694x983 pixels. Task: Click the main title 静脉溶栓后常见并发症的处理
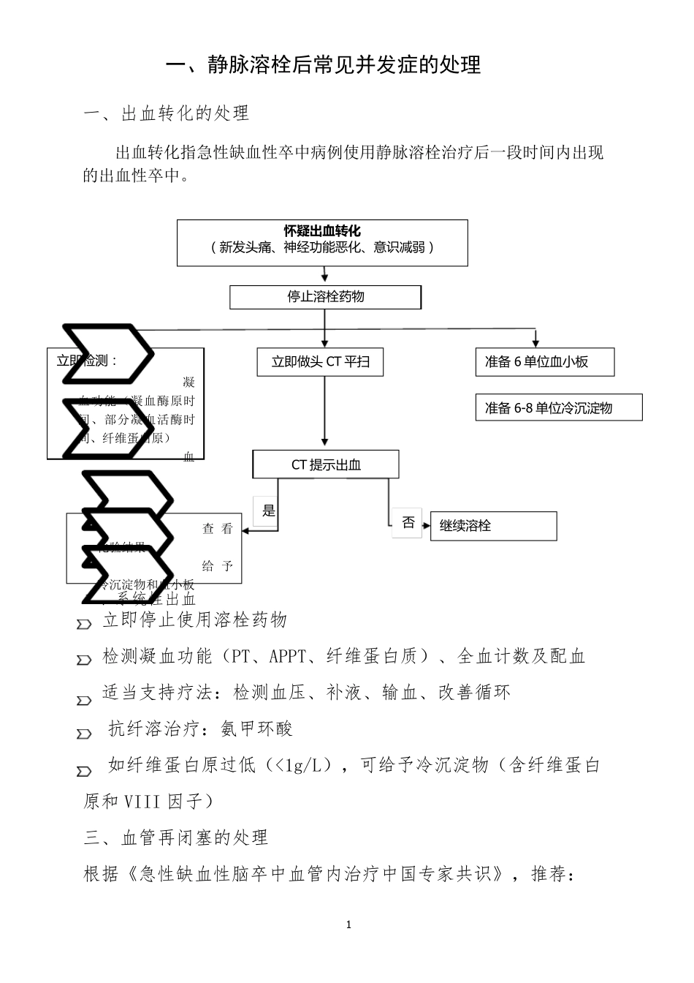click(x=323, y=65)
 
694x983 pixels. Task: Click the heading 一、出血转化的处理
click(x=167, y=113)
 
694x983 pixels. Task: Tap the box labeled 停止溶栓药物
click(x=325, y=297)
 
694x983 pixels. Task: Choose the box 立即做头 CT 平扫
click(x=320, y=361)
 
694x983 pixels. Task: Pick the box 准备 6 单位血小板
click(x=544, y=361)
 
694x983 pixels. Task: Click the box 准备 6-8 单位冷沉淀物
click(x=558, y=407)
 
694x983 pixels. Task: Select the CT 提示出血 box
click(x=326, y=464)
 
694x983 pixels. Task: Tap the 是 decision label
click(x=268, y=511)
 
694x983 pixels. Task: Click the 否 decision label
click(x=407, y=522)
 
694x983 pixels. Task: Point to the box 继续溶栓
click(x=493, y=526)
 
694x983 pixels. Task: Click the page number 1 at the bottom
click(x=348, y=924)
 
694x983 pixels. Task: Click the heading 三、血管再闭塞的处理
click(x=176, y=837)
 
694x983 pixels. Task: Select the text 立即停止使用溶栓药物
click(x=195, y=620)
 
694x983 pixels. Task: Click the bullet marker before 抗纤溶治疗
click(x=84, y=734)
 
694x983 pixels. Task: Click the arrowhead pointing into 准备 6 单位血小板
click(x=536, y=343)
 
